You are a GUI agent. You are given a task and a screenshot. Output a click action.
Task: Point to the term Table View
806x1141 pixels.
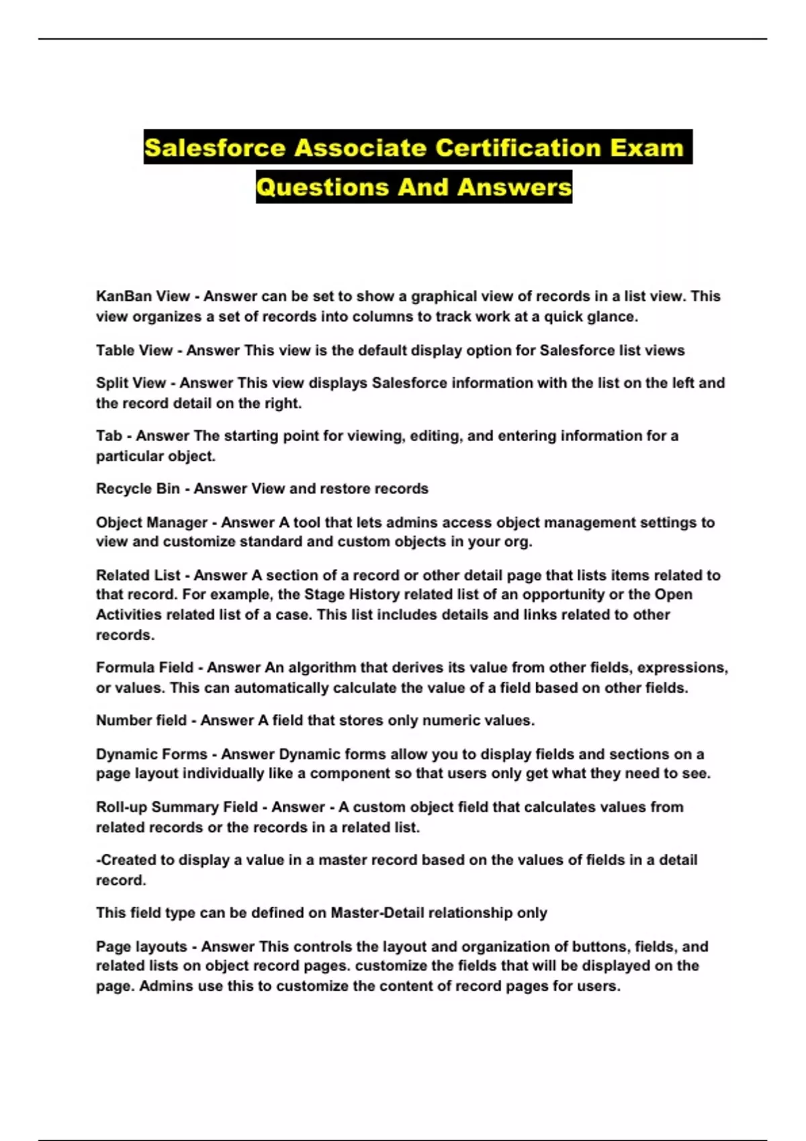134,350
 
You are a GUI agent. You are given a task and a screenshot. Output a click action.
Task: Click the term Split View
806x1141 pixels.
131,383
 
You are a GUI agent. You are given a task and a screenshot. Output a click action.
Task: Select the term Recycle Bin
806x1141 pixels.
138,489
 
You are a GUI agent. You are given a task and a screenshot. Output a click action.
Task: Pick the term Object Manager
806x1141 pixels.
152,522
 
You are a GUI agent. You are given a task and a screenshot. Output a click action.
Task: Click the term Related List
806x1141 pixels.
138,575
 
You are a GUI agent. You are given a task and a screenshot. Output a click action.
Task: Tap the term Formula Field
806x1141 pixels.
144,668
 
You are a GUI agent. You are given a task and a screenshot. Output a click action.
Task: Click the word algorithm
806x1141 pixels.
322,668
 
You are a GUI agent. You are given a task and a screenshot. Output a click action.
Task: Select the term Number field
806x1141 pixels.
141,721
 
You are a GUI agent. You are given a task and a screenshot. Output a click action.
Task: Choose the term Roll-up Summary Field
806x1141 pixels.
177,807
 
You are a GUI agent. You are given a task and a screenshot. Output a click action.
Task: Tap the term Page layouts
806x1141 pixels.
142,947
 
